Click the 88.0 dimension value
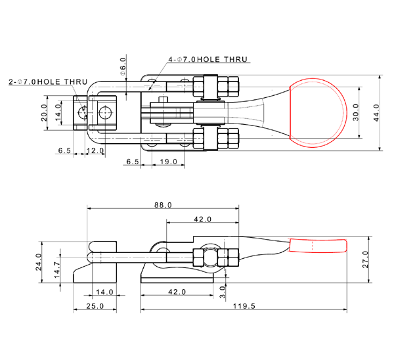tap(162, 205)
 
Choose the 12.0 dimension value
tap(97, 151)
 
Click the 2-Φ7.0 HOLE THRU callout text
tap(47, 81)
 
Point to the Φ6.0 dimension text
tap(123, 65)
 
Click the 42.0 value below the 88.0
tap(202, 219)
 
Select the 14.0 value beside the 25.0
tap(104, 291)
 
